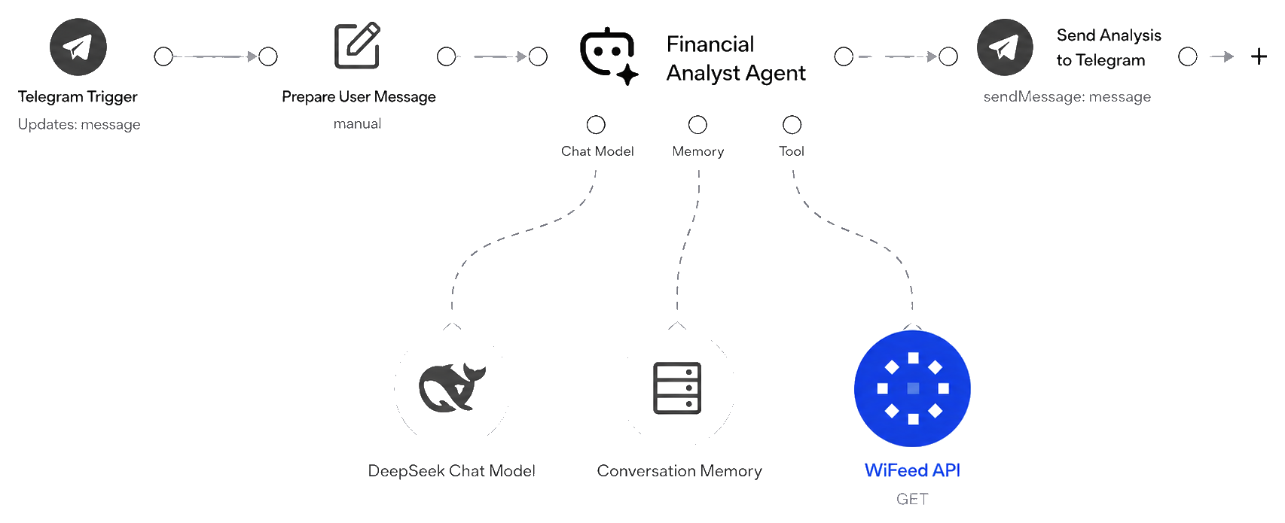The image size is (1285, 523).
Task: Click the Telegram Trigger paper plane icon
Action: [x=78, y=47]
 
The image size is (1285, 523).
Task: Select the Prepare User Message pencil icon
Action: [x=357, y=46]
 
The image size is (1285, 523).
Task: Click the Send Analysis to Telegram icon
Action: [x=1005, y=47]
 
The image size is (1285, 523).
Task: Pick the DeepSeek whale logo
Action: [x=452, y=388]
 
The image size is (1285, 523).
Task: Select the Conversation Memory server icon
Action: [x=677, y=388]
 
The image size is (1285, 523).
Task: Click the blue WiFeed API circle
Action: [x=912, y=388]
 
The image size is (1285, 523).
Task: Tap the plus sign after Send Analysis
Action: [x=1259, y=56]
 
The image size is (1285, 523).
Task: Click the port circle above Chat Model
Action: [x=596, y=124]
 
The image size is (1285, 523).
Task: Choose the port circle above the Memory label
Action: [x=697, y=124]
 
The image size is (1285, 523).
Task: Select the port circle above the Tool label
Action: [x=792, y=124]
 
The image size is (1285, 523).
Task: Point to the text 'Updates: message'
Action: [x=79, y=124]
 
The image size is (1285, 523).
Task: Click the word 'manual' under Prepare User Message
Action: [x=357, y=123]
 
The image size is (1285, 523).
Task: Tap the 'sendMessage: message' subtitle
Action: [x=1067, y=97]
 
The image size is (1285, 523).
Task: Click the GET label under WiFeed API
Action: [x=912, y=499]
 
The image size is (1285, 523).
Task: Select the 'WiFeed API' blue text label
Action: [x=912, y=470]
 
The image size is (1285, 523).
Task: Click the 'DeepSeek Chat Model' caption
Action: [x=451, y=471]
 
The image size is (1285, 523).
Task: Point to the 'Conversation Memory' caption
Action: [x=679, y=471]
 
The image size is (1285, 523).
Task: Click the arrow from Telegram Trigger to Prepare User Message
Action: [x=215, y=56]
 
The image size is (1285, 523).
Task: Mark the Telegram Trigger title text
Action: [x=78, y=97]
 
